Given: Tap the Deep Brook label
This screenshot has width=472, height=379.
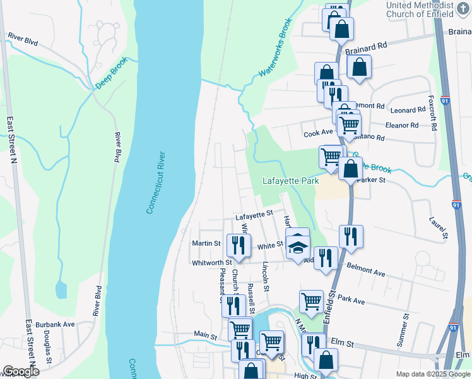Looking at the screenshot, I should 112,73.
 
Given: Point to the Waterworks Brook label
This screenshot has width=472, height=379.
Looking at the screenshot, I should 273,56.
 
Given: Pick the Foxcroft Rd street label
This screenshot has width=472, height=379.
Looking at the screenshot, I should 433,114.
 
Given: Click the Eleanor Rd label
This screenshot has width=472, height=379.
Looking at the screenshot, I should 401,125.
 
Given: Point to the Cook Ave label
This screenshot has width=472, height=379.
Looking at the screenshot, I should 318,133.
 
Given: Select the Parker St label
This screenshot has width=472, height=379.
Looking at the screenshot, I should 370,179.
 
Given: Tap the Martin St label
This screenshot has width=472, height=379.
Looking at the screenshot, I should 206,243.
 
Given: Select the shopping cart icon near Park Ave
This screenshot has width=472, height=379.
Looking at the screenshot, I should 312,302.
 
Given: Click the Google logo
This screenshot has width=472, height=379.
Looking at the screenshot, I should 21,371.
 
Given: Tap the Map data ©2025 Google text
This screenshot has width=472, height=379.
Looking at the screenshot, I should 432,374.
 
